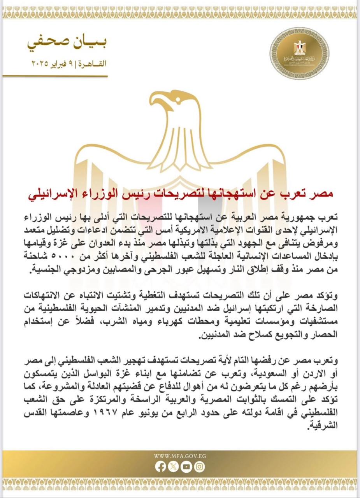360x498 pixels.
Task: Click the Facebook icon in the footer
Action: (x=160, y=466)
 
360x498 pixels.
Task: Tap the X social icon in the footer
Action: (x=173, y=466)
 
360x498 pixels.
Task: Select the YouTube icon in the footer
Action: (x=186, y=466)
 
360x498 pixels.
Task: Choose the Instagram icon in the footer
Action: (x=200, y=466)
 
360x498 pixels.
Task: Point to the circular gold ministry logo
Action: (x=299, y=53)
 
